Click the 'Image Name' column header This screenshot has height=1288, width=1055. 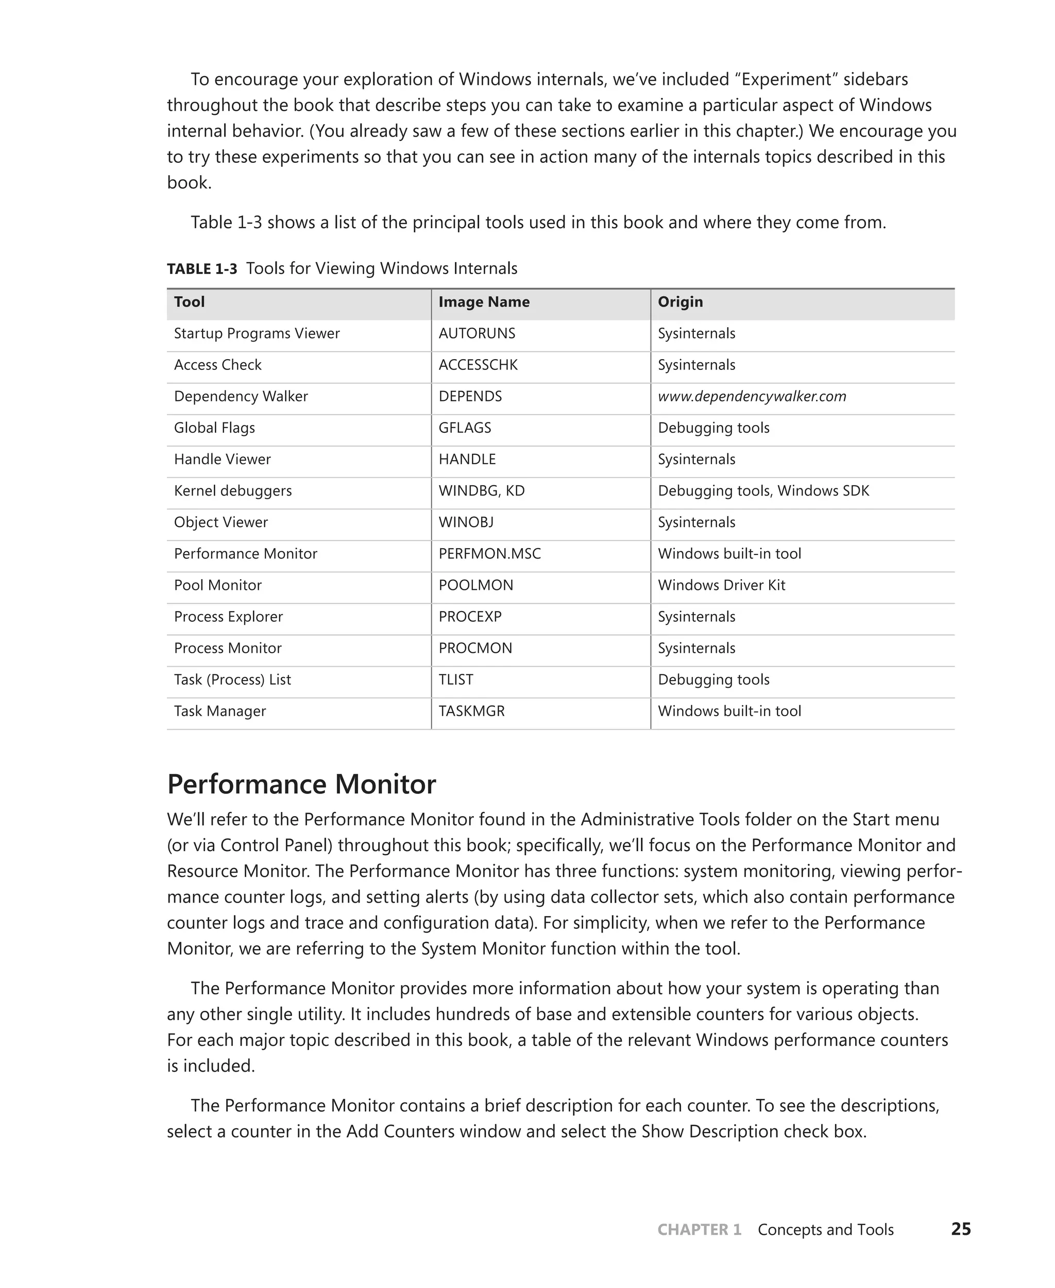[484, 302]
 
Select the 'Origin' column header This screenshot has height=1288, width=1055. [680, 302]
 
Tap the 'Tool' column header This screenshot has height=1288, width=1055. [189, 302]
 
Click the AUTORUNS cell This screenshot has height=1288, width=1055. [477, 334]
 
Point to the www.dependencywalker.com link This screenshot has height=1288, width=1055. [752, 397]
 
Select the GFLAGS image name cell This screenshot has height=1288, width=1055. [464, 428]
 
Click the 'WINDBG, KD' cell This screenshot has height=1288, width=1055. [481, 491]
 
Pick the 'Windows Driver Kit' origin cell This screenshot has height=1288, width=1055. [721, 585]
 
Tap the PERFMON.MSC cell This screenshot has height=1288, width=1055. [489, 554]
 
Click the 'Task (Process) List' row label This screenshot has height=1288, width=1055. [232, 680]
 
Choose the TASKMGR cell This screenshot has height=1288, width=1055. [471, 711]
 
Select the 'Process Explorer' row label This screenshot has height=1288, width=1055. [228, 617]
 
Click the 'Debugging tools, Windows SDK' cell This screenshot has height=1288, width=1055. [763, 491]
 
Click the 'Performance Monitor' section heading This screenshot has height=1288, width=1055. [301, 784]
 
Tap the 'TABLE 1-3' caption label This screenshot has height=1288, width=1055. [202, 268]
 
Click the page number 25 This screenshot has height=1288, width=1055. [961, 1229]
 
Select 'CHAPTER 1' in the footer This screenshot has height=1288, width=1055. [699, 1230]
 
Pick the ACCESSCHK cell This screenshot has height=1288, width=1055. [478, 365]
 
